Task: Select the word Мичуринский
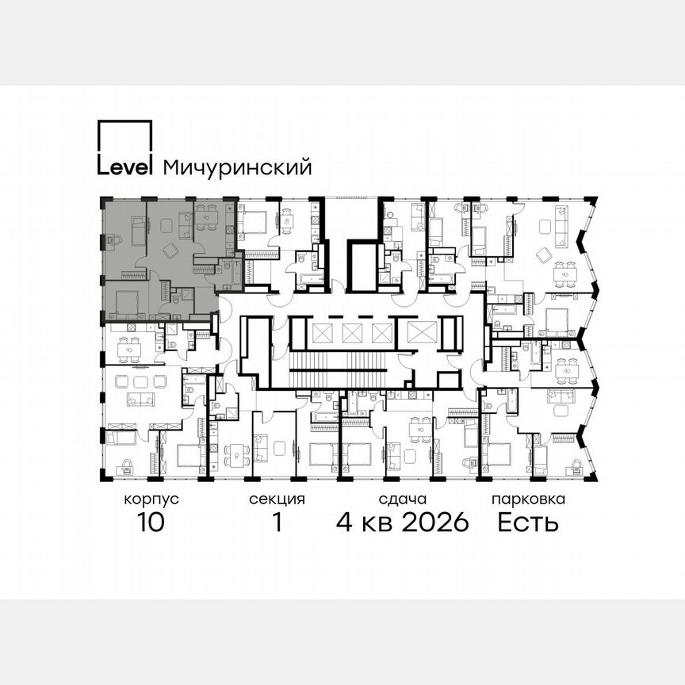point(236,167)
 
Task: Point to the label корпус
point(151,499)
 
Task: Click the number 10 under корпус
point(151,522)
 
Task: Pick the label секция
point(277,499)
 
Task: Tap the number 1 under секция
point(277,522)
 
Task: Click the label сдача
point(403,499)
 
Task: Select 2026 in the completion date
point(432,522)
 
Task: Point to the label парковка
point(528,499)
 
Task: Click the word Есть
point(528,522)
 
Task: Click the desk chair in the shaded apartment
point(116,239)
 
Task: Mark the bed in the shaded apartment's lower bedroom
point(125,302)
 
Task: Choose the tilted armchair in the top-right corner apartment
point(544,254)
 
